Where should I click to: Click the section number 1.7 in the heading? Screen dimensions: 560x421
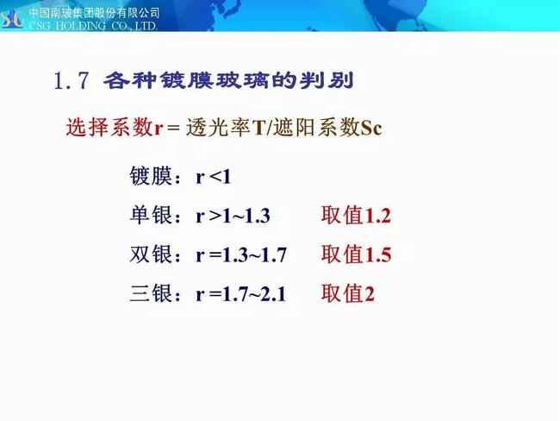point(71,80)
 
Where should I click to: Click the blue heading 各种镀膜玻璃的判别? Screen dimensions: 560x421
point(228,80)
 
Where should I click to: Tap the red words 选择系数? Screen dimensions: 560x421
point(109,127)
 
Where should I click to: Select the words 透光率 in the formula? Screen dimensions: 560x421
point(219,128)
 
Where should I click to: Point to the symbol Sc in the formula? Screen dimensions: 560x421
point(371,128)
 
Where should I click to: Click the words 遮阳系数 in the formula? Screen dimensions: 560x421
point(317,128)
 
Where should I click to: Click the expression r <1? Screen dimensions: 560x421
point(214,177)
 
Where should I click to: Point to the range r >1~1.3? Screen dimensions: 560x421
point(233,216)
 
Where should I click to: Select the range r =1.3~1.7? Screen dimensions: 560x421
point(241,255)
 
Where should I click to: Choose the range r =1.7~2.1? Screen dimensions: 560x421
point(241,294)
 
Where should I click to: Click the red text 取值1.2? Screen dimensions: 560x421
point(356,215)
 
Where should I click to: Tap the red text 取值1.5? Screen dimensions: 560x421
point(356,254)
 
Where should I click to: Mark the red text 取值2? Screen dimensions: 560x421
point(348,293)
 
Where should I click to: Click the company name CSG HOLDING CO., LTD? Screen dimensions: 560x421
point(93,26)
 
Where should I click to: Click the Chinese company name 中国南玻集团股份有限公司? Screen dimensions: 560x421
point(94,13)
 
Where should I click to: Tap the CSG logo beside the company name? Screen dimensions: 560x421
point(13,19)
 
